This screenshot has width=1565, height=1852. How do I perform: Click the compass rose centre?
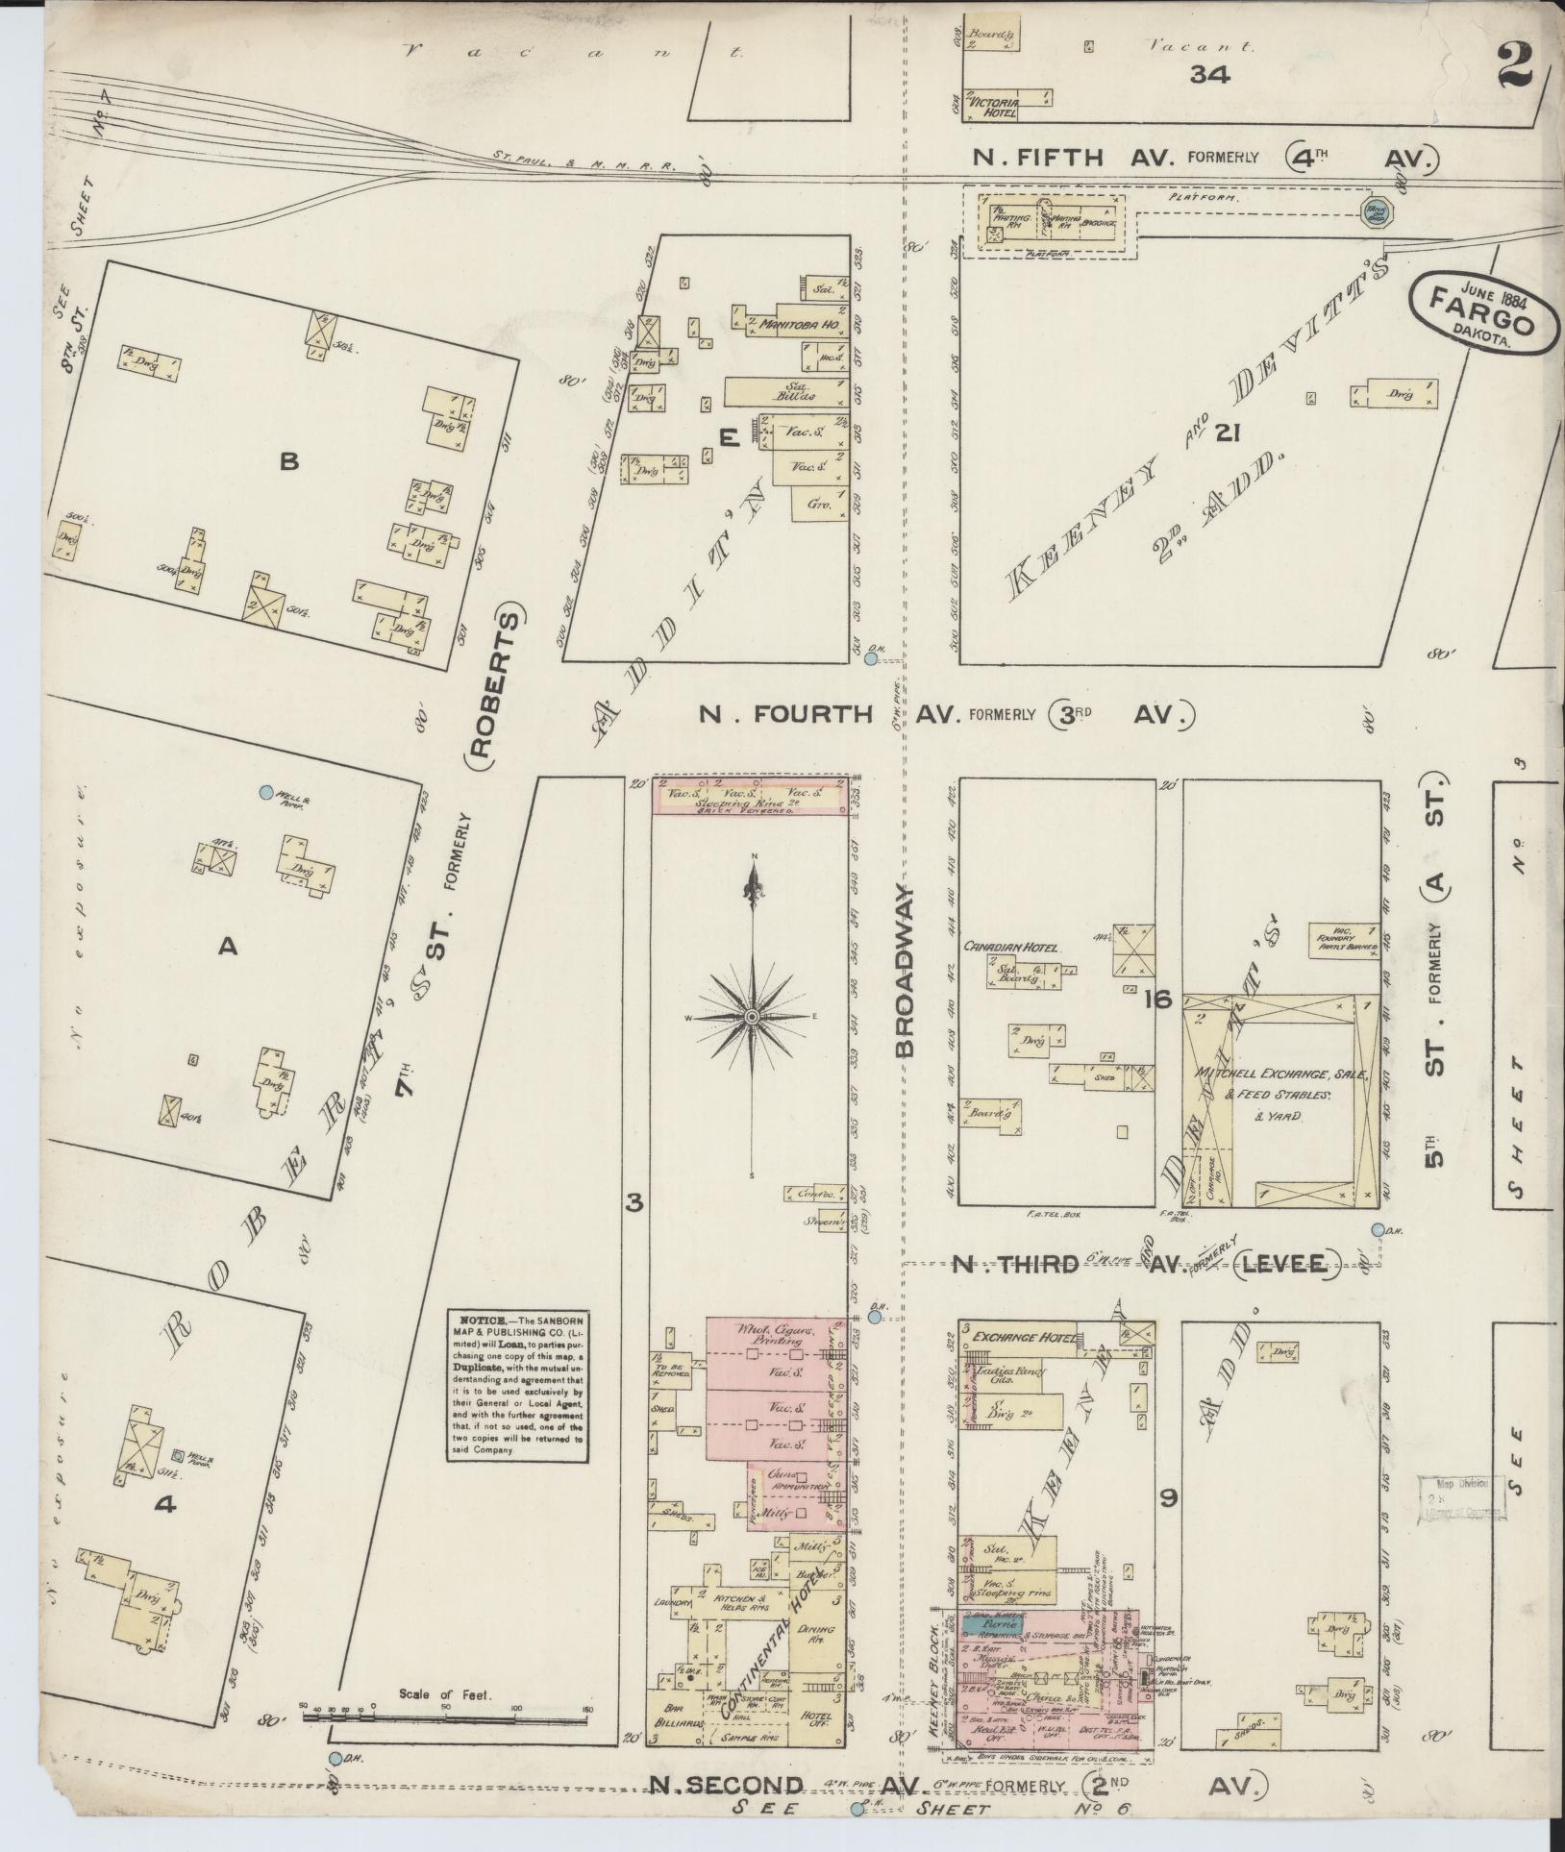[x=753, y=1016]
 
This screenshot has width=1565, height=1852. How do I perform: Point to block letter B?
[x=288, y=462]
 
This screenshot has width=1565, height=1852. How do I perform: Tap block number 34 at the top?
[x=1209, y=74]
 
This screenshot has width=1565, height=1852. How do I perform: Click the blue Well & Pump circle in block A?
[x=266, y=793]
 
